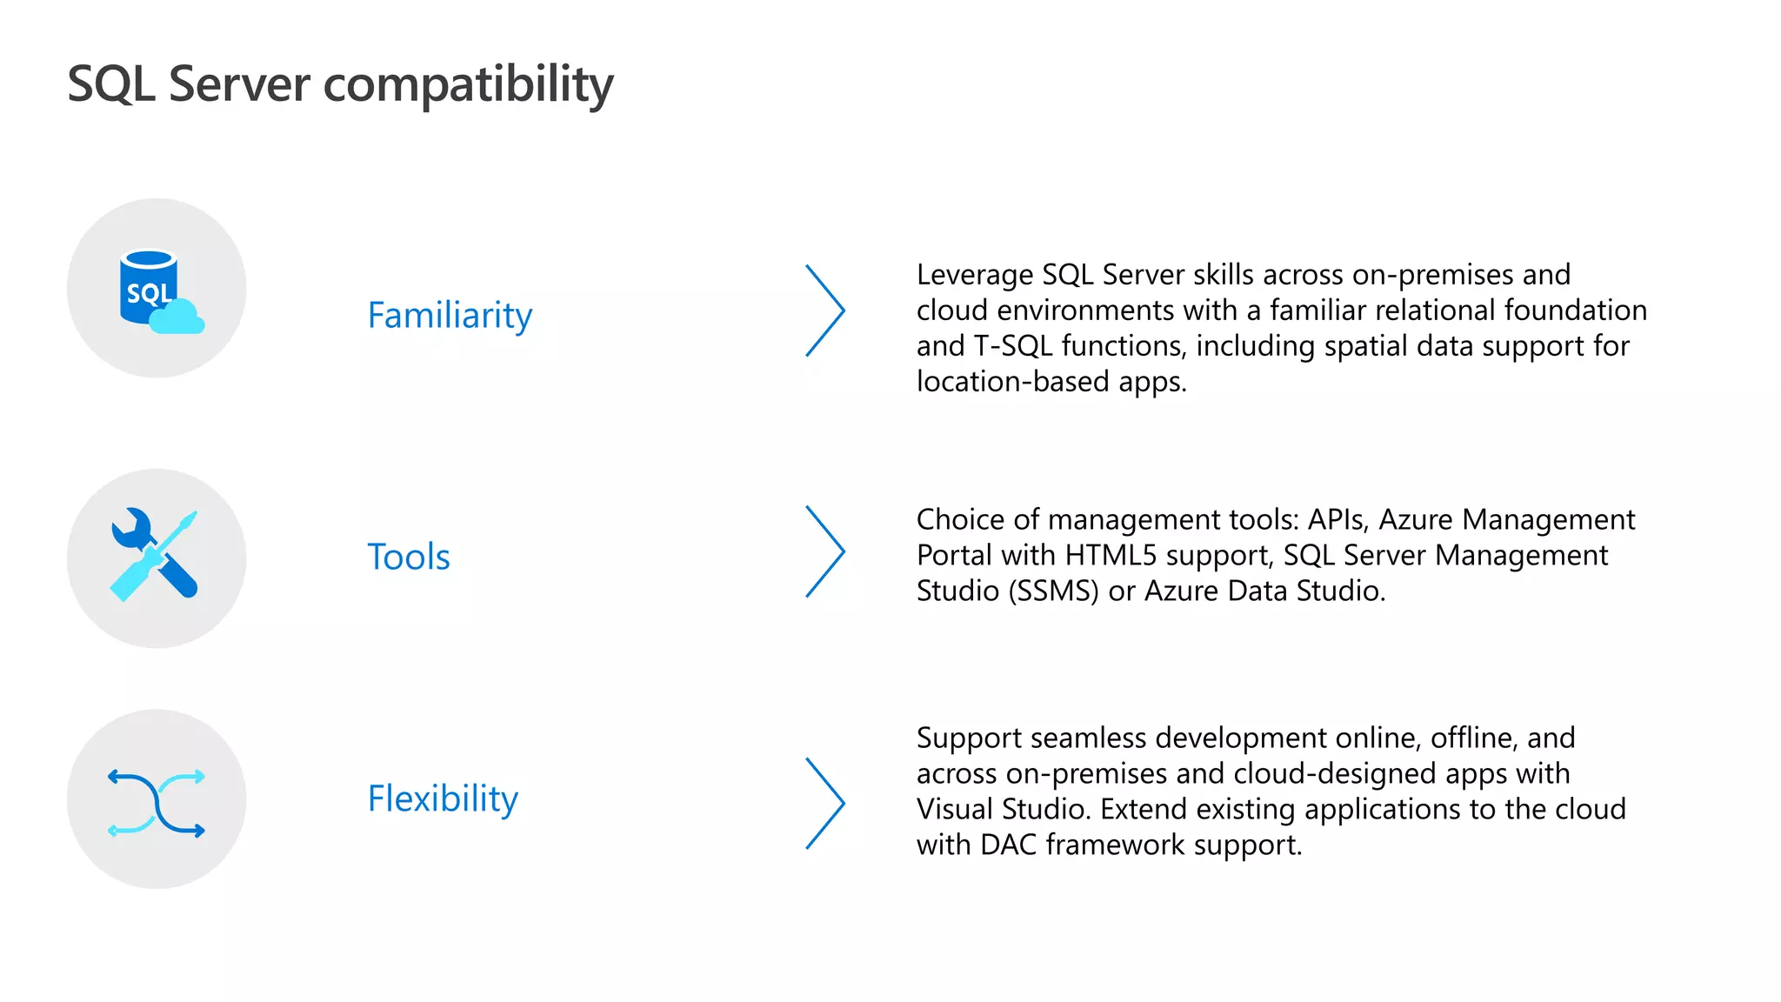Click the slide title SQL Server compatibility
[x=340, y=84]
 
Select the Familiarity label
[x=450, y=315]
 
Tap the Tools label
[x=409, y=557]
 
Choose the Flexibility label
[x=443, y=798]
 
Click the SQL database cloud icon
[x=157, y=289]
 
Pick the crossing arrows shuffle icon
[x=157, y=802]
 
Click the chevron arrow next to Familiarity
[x=825, y=311]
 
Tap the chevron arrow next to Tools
[x=825, y=551]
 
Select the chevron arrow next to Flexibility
[x=825, y=803]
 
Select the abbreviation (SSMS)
[x=1054, y=591]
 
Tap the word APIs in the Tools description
[x=1338, y=519]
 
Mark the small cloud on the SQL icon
[x=177, y=318]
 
